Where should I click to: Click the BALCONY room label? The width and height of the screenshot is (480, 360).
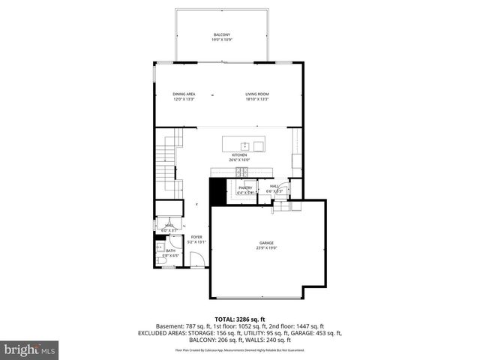pos(221,35)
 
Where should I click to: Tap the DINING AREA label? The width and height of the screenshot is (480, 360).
pos(184,94)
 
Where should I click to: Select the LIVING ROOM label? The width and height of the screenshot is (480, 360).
pos(256,94)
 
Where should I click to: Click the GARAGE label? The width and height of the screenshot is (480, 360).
pos(266,243)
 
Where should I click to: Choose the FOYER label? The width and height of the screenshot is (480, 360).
pos(196,237)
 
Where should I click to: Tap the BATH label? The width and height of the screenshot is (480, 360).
pos(170,250)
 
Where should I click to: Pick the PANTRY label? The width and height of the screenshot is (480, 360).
pos(245,187)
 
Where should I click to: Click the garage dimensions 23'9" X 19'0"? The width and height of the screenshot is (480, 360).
pos(266,248)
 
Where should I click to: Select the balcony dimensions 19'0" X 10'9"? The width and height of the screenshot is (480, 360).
pos(221,40)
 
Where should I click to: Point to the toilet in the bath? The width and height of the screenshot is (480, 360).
pos(160,258)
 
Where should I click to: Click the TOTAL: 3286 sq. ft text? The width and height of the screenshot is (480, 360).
pos(239,319)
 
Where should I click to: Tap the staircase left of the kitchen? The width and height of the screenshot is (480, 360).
pos(169,161)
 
